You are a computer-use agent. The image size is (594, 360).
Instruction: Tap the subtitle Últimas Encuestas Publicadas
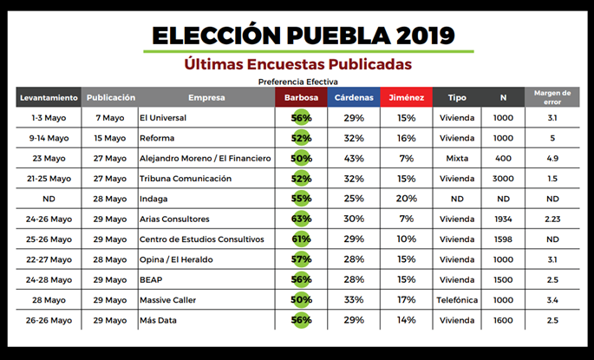297,64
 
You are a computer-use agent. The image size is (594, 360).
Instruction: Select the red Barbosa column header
301,98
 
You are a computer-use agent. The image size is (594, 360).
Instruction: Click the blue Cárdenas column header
353,98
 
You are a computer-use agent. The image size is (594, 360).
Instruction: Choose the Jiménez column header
406,98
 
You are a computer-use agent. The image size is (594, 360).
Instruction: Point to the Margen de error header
552,97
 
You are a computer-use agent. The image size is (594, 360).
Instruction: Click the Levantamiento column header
49,98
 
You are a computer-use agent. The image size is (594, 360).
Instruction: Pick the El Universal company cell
164,118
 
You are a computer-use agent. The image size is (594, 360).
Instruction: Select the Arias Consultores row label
174,219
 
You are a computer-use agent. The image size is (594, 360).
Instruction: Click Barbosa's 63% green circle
301,219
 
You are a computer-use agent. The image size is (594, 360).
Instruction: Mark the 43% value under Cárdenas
353,159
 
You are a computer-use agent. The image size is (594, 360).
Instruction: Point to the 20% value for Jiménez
406,199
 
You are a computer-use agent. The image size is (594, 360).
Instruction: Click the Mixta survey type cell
456,159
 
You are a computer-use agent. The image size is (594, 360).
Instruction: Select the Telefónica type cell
456,300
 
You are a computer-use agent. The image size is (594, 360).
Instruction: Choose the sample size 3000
503,179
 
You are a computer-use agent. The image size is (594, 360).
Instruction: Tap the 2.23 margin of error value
552,219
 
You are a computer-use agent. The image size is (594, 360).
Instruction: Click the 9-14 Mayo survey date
49,138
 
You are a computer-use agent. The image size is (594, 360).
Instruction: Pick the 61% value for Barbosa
301,239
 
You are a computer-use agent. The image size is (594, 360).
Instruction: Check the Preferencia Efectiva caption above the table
297,81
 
